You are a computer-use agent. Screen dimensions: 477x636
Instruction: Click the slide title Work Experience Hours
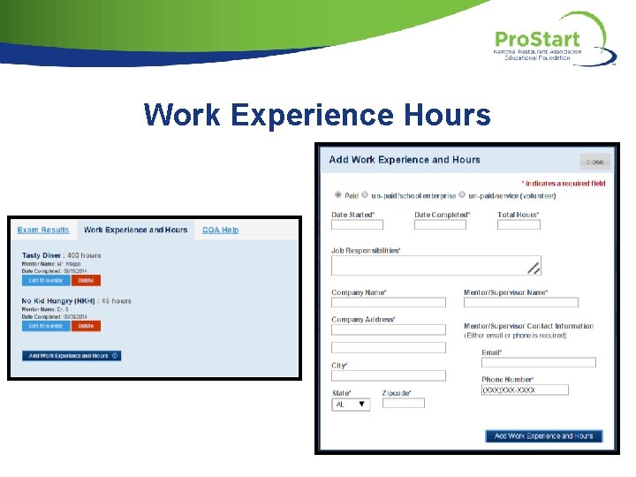317,114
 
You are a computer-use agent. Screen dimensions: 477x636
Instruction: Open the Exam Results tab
43,230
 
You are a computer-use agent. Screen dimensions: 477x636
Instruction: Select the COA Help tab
220,230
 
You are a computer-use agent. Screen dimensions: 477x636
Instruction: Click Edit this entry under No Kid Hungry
46,326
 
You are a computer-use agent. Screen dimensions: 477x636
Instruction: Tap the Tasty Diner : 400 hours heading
62,255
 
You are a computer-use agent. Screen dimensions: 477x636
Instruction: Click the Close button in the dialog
594,162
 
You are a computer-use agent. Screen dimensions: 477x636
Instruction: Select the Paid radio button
338,195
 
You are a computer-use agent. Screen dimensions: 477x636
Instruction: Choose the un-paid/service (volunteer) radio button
462,195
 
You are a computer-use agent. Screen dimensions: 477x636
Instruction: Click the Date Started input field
357,225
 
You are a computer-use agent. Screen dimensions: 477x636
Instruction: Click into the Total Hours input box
519,225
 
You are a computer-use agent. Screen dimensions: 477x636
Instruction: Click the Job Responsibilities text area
435,266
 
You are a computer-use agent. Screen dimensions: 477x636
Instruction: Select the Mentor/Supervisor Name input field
520,302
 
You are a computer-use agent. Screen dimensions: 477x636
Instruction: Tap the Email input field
538,362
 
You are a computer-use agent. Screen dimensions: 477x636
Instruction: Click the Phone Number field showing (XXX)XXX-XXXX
525,390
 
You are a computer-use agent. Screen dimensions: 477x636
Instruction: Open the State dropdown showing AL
351,404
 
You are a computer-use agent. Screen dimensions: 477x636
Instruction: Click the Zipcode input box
403,403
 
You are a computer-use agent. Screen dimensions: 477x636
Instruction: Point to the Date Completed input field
440,225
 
